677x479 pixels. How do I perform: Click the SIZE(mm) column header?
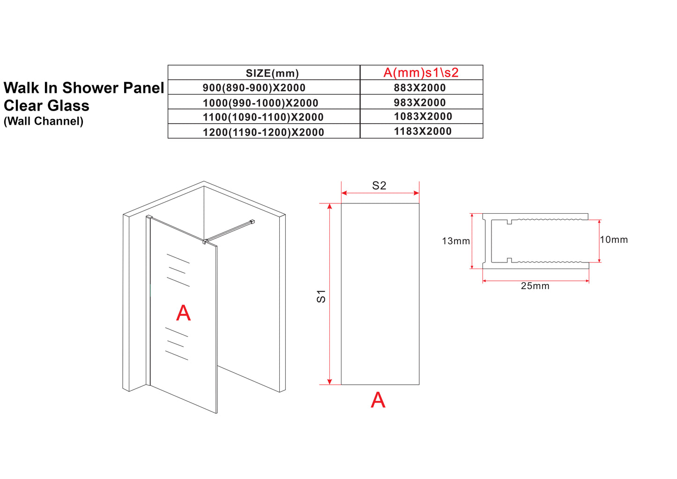[x=272, y=73]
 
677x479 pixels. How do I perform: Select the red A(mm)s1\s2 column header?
[x=421, y=73]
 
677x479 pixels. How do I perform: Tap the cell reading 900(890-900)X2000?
[x=254, y=88]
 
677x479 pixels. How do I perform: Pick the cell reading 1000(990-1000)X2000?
[x=260, y=103]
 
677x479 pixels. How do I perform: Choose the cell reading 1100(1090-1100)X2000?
[x=263, y=117]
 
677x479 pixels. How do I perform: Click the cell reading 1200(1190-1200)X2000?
[x=263, y=132]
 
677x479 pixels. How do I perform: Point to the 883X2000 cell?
[x=420, y=88]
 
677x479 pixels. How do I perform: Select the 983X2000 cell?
[x=420, y=103]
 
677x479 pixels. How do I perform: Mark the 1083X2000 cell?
[x=423, y=117]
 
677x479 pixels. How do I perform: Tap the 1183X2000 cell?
[x=423, y=132]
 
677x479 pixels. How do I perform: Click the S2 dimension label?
[x=379, y=186]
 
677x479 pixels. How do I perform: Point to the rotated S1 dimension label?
[x=321, y=296]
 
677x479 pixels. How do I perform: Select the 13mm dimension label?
[x=455, y=241]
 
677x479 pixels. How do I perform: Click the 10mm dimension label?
[x=614, y=239]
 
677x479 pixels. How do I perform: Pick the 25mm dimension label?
[x=535, y=286]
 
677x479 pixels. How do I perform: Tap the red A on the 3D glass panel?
[x=183, y=313]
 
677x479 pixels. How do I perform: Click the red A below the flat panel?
[x=378, y=400]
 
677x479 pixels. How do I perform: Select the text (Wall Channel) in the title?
[x=44, y=121]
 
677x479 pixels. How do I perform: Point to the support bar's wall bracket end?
[x=253, y=221]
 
